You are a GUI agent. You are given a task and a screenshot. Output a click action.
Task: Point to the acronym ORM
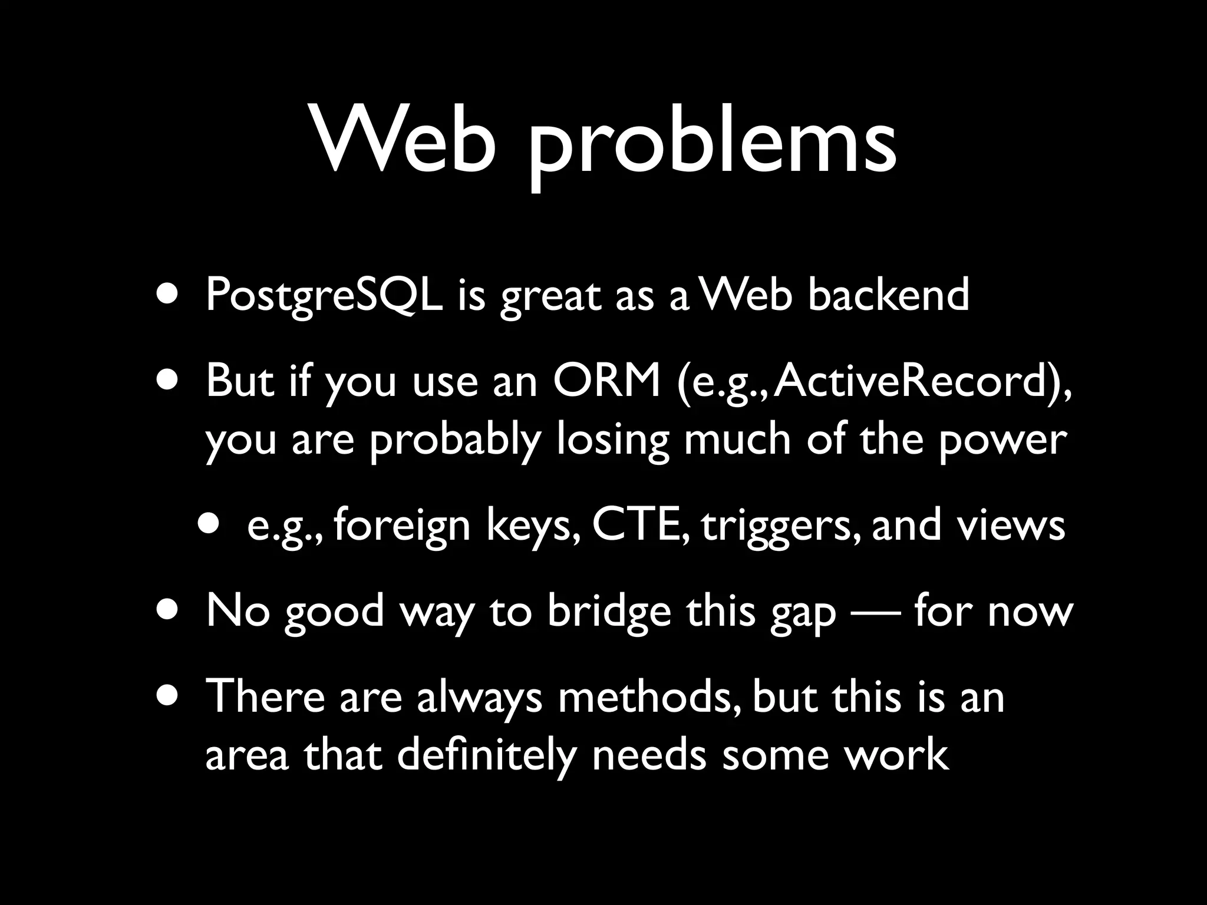(606, 381)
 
